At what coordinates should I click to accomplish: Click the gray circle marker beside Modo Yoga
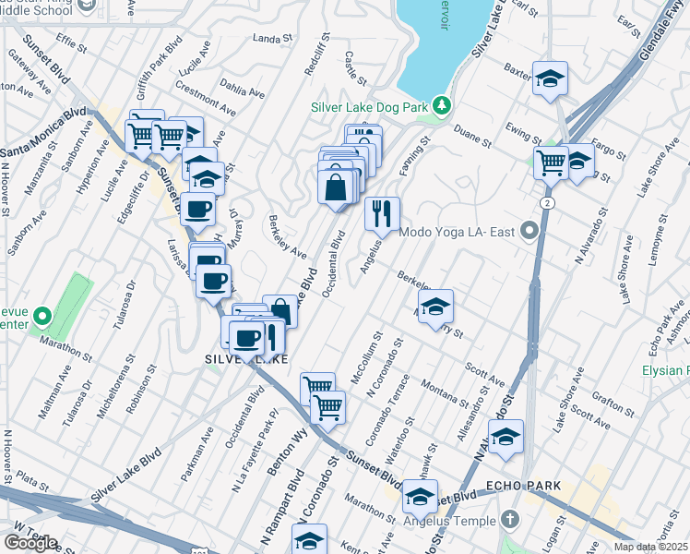point(529,228)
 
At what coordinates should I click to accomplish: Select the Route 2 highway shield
point(548,202)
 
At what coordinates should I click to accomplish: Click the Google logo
point(30,543)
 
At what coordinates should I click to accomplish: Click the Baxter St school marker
point(550,79)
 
